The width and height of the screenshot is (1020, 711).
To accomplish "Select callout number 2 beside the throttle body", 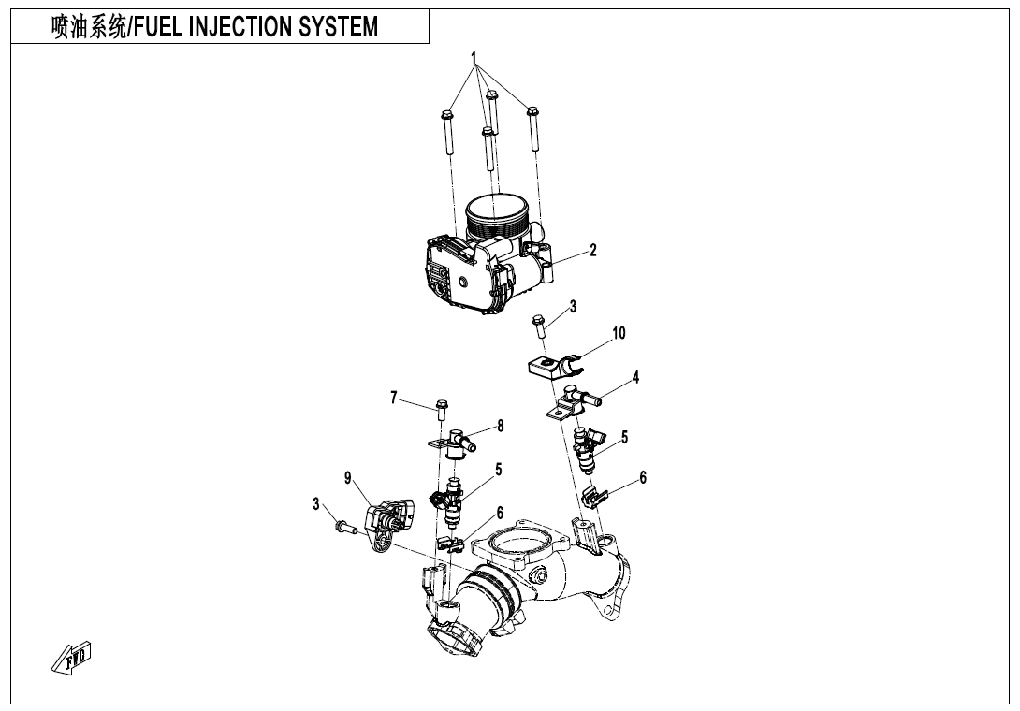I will pos(592,251).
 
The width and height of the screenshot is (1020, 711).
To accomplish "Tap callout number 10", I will pos(619,333).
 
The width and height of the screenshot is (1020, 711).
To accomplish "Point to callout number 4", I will pos(635,378).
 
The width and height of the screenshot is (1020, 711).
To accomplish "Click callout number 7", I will pos(394,397).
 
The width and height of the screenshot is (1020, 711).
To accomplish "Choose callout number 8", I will pos(501,426).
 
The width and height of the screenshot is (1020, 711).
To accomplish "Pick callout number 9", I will pos(348,478).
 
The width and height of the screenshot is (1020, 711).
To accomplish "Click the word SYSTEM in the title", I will pos(338,28).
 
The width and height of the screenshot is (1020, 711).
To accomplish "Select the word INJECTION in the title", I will pos(240,28).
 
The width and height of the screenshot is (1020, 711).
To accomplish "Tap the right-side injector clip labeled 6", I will pos(592,495).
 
